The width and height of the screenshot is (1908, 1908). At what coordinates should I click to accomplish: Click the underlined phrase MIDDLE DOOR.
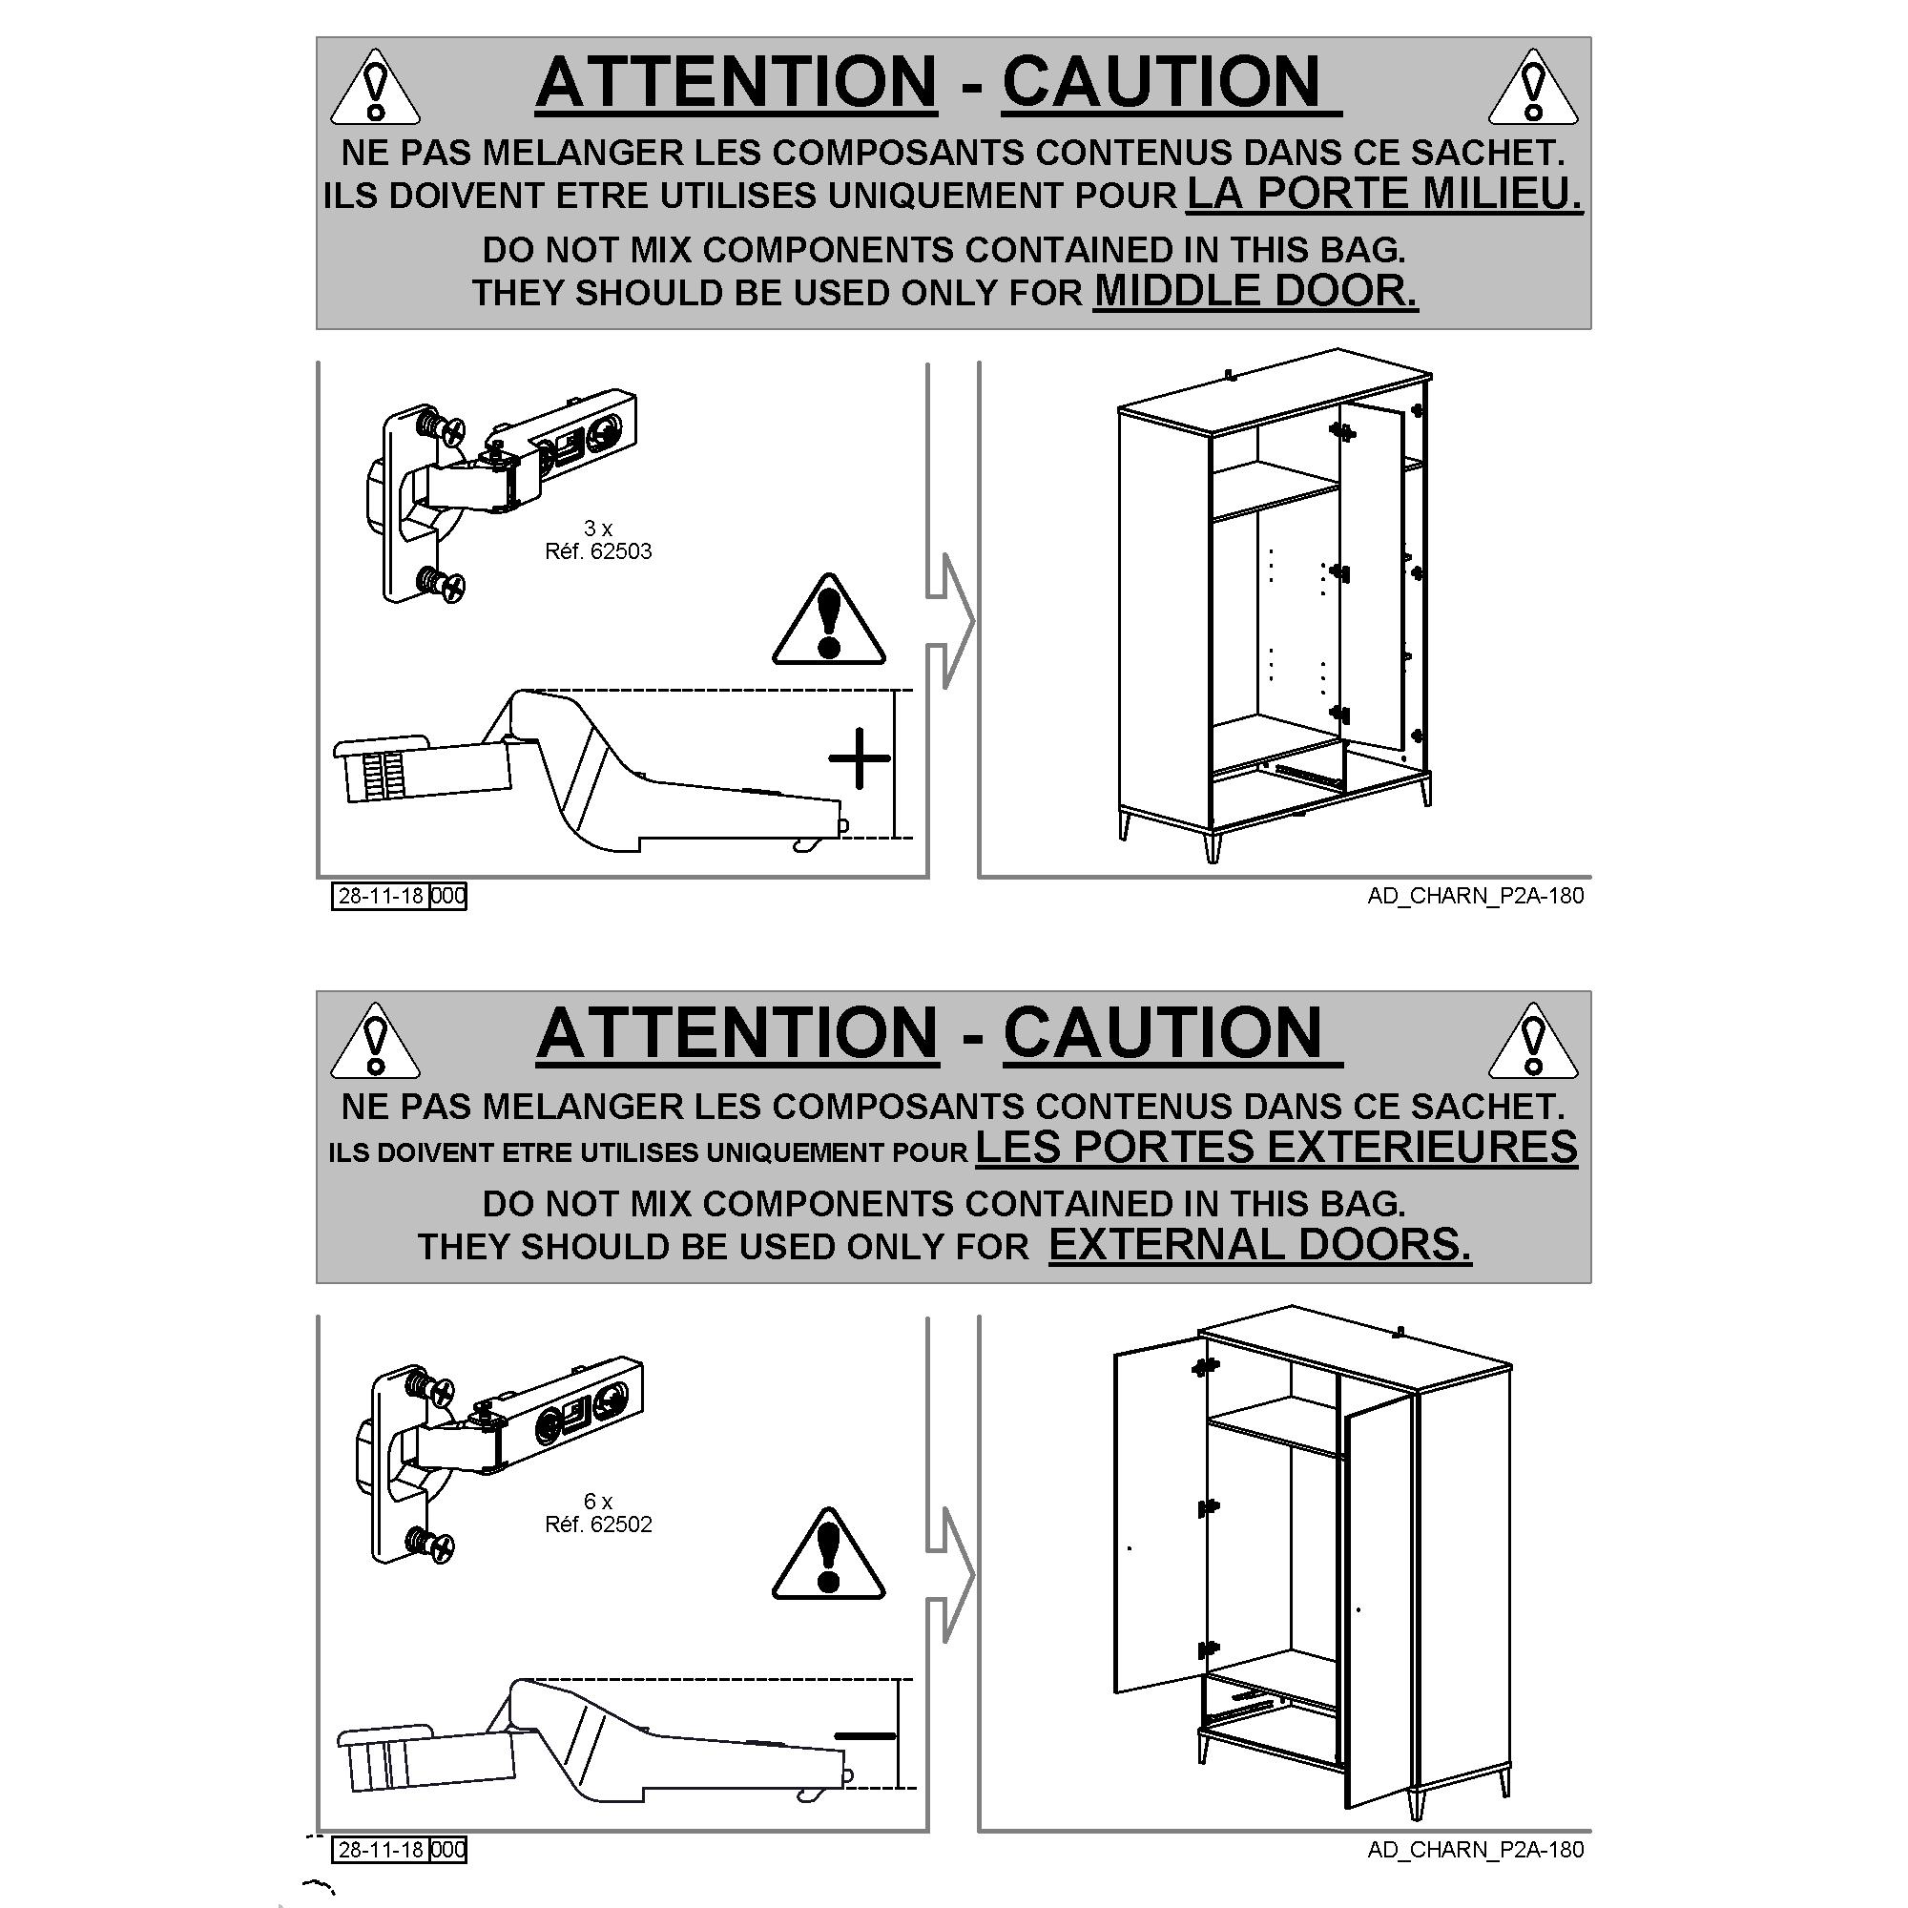tap(1255, 291)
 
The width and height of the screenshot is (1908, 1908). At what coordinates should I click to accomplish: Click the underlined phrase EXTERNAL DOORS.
tap(1260, 1244)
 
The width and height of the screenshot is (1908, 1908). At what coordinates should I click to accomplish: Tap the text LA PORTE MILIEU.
tap(1384, 194)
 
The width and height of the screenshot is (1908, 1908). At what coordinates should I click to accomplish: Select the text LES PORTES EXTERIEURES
tap(1275, 1148)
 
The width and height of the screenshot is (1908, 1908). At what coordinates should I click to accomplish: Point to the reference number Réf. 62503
tap(598, 551)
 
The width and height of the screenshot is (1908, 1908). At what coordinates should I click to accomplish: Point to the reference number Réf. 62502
tap(598, 1524)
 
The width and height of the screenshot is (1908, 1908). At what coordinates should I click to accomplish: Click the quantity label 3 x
tap(597, 529)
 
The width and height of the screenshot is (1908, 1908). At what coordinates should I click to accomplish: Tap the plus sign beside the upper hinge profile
tap(860, 758)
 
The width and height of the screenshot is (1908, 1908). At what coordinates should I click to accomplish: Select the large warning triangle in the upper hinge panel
tap(829, 619)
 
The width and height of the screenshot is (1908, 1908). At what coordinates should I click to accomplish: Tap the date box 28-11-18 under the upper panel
tap(381, 896)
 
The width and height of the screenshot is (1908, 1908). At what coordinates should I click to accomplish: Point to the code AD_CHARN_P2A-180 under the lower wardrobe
tap(1476, 1850)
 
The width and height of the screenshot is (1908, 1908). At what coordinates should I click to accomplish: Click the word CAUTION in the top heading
tap(1161, 81)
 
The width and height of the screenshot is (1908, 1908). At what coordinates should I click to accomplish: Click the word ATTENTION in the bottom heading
tap(737, 1034)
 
